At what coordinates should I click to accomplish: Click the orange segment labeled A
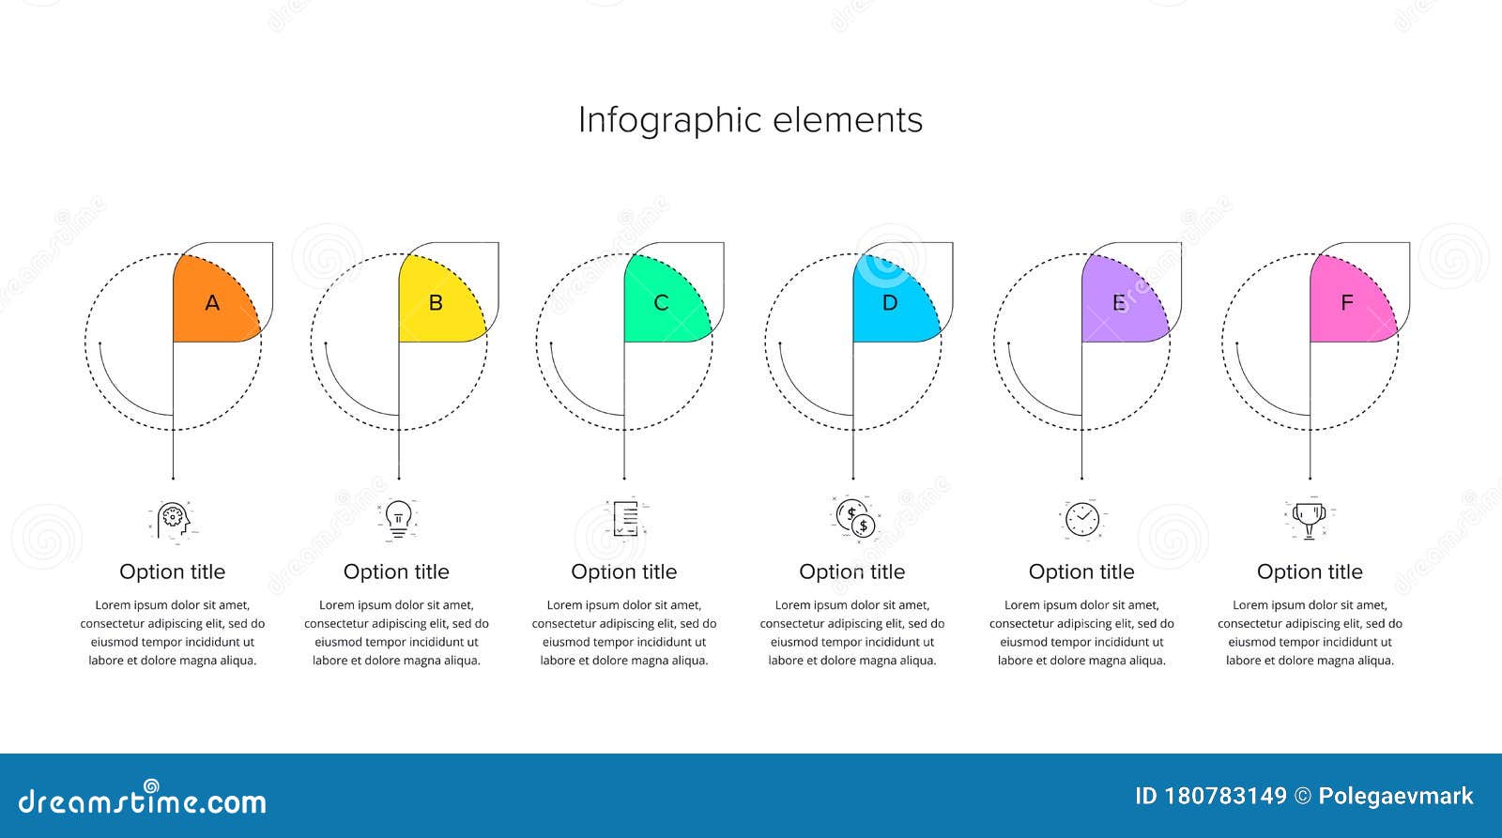click(x=212, y=303)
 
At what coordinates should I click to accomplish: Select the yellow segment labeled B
click(x=437, y=303)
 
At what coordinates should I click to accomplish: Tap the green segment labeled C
click(x=662, y=303)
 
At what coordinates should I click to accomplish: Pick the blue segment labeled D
click(x=891, y=303)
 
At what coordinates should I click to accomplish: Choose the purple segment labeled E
click(x=1120, y=303)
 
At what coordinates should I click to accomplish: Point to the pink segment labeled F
click(x=1348, y=303)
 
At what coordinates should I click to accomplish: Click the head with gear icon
click(x=173, y=519)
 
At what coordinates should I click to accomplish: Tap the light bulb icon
click(x=398, y=518)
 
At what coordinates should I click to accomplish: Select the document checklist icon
click(x=625, y=518)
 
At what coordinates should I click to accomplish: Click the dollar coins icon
click(x=855, y=518)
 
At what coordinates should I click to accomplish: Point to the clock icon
click(x=1082, y=518)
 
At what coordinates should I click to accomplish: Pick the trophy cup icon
click(x=1310, y=518)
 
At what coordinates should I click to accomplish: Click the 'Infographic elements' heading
click(x=750, y=120)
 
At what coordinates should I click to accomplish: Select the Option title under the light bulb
click(x=396, y=571)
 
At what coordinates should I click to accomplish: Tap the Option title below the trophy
click(x=1310, y=571)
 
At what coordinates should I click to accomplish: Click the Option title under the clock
click(x=1081, y=571)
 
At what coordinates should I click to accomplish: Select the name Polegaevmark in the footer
click(x=1395, y=797)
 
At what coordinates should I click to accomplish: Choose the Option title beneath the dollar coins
click(x=851, y=571)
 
